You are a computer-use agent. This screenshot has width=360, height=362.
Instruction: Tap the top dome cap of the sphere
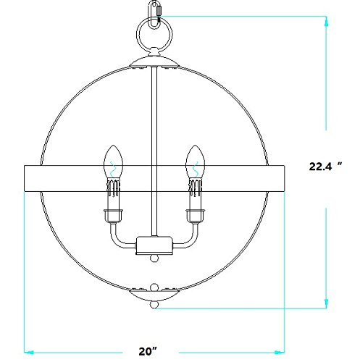154,63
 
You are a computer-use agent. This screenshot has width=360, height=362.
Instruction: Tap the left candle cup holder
113,215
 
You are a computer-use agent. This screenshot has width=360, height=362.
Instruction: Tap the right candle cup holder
193,215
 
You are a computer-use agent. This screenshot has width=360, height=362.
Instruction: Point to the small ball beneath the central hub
154,258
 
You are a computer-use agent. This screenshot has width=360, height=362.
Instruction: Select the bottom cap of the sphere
154,292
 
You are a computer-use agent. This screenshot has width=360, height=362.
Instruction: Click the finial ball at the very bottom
154,306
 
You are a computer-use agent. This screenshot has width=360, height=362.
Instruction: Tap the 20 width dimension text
148,351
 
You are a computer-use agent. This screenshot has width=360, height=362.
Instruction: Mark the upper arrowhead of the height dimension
328,22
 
